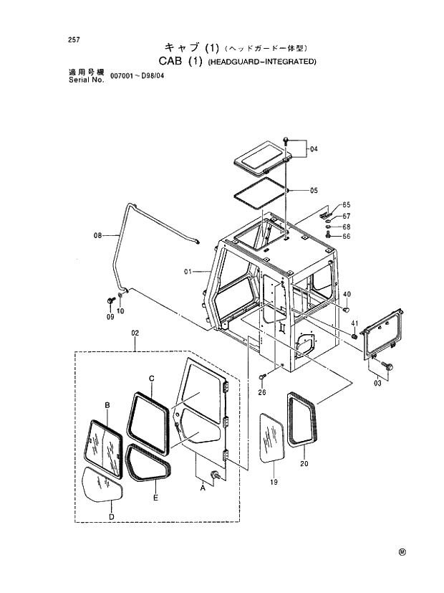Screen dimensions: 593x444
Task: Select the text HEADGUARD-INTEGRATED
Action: [x=262, y=62]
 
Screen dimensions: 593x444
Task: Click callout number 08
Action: [x=98, y=234]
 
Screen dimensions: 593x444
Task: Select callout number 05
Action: [x=314, y=191]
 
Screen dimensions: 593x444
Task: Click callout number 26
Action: [x=262, y=392]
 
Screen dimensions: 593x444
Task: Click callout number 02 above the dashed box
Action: [x=135, y=334]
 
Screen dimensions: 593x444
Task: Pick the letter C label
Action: [x=152, y=378]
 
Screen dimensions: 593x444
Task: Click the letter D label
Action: [x=110, y=516]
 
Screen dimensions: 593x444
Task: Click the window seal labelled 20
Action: [x=303, y=420]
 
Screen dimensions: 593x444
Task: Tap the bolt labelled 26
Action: [x=263, y=376]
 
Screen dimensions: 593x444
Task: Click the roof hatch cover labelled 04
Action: [x=263, y=156]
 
